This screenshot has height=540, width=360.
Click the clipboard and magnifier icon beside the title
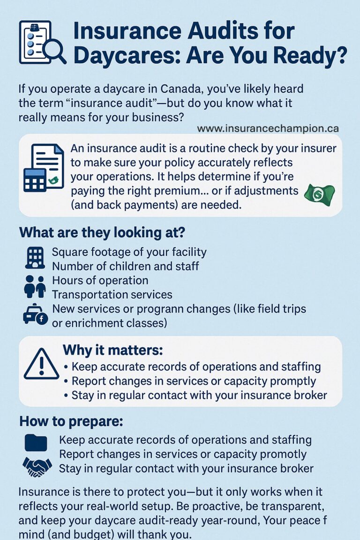click(42, 42)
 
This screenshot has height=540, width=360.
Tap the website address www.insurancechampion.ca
click(268, 128)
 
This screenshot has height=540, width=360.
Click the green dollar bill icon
click(319, 194)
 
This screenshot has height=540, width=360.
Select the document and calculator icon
click(44, 167)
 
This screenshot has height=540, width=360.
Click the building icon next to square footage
click(34, 258)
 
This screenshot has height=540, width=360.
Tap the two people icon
click(35, 286)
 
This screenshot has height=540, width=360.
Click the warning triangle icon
click(41, 364)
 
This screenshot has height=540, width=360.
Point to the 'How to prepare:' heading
click(71, 421)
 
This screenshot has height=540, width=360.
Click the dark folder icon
click(36, 442)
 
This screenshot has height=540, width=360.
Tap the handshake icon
click(37, 466)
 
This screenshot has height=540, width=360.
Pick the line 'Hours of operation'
click(100, 280)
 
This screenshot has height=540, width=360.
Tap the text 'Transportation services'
click(112, 295)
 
